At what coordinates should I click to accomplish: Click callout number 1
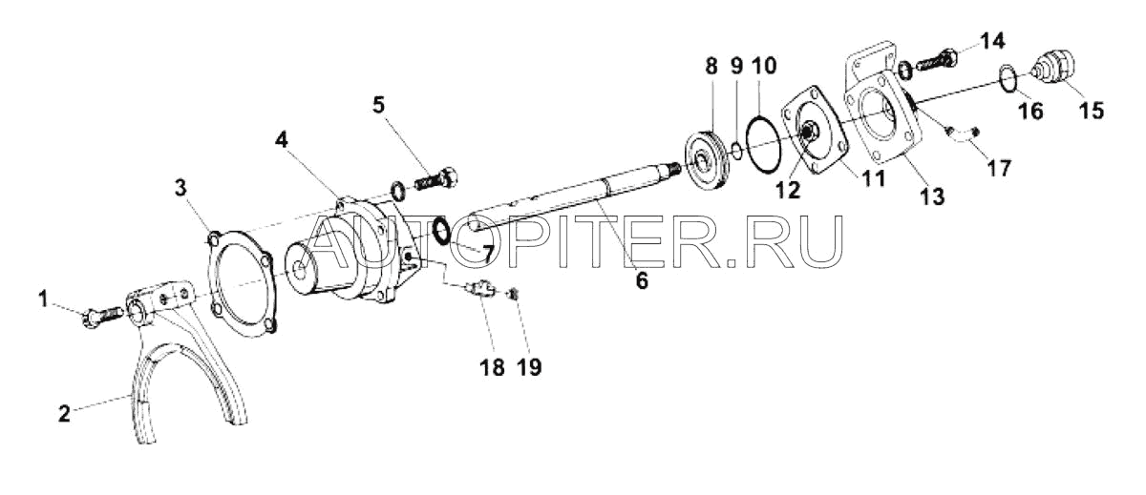[x=42, y=299]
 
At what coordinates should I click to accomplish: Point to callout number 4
[x=281, y=137]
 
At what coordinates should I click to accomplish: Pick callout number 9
[x=736, y=67]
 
